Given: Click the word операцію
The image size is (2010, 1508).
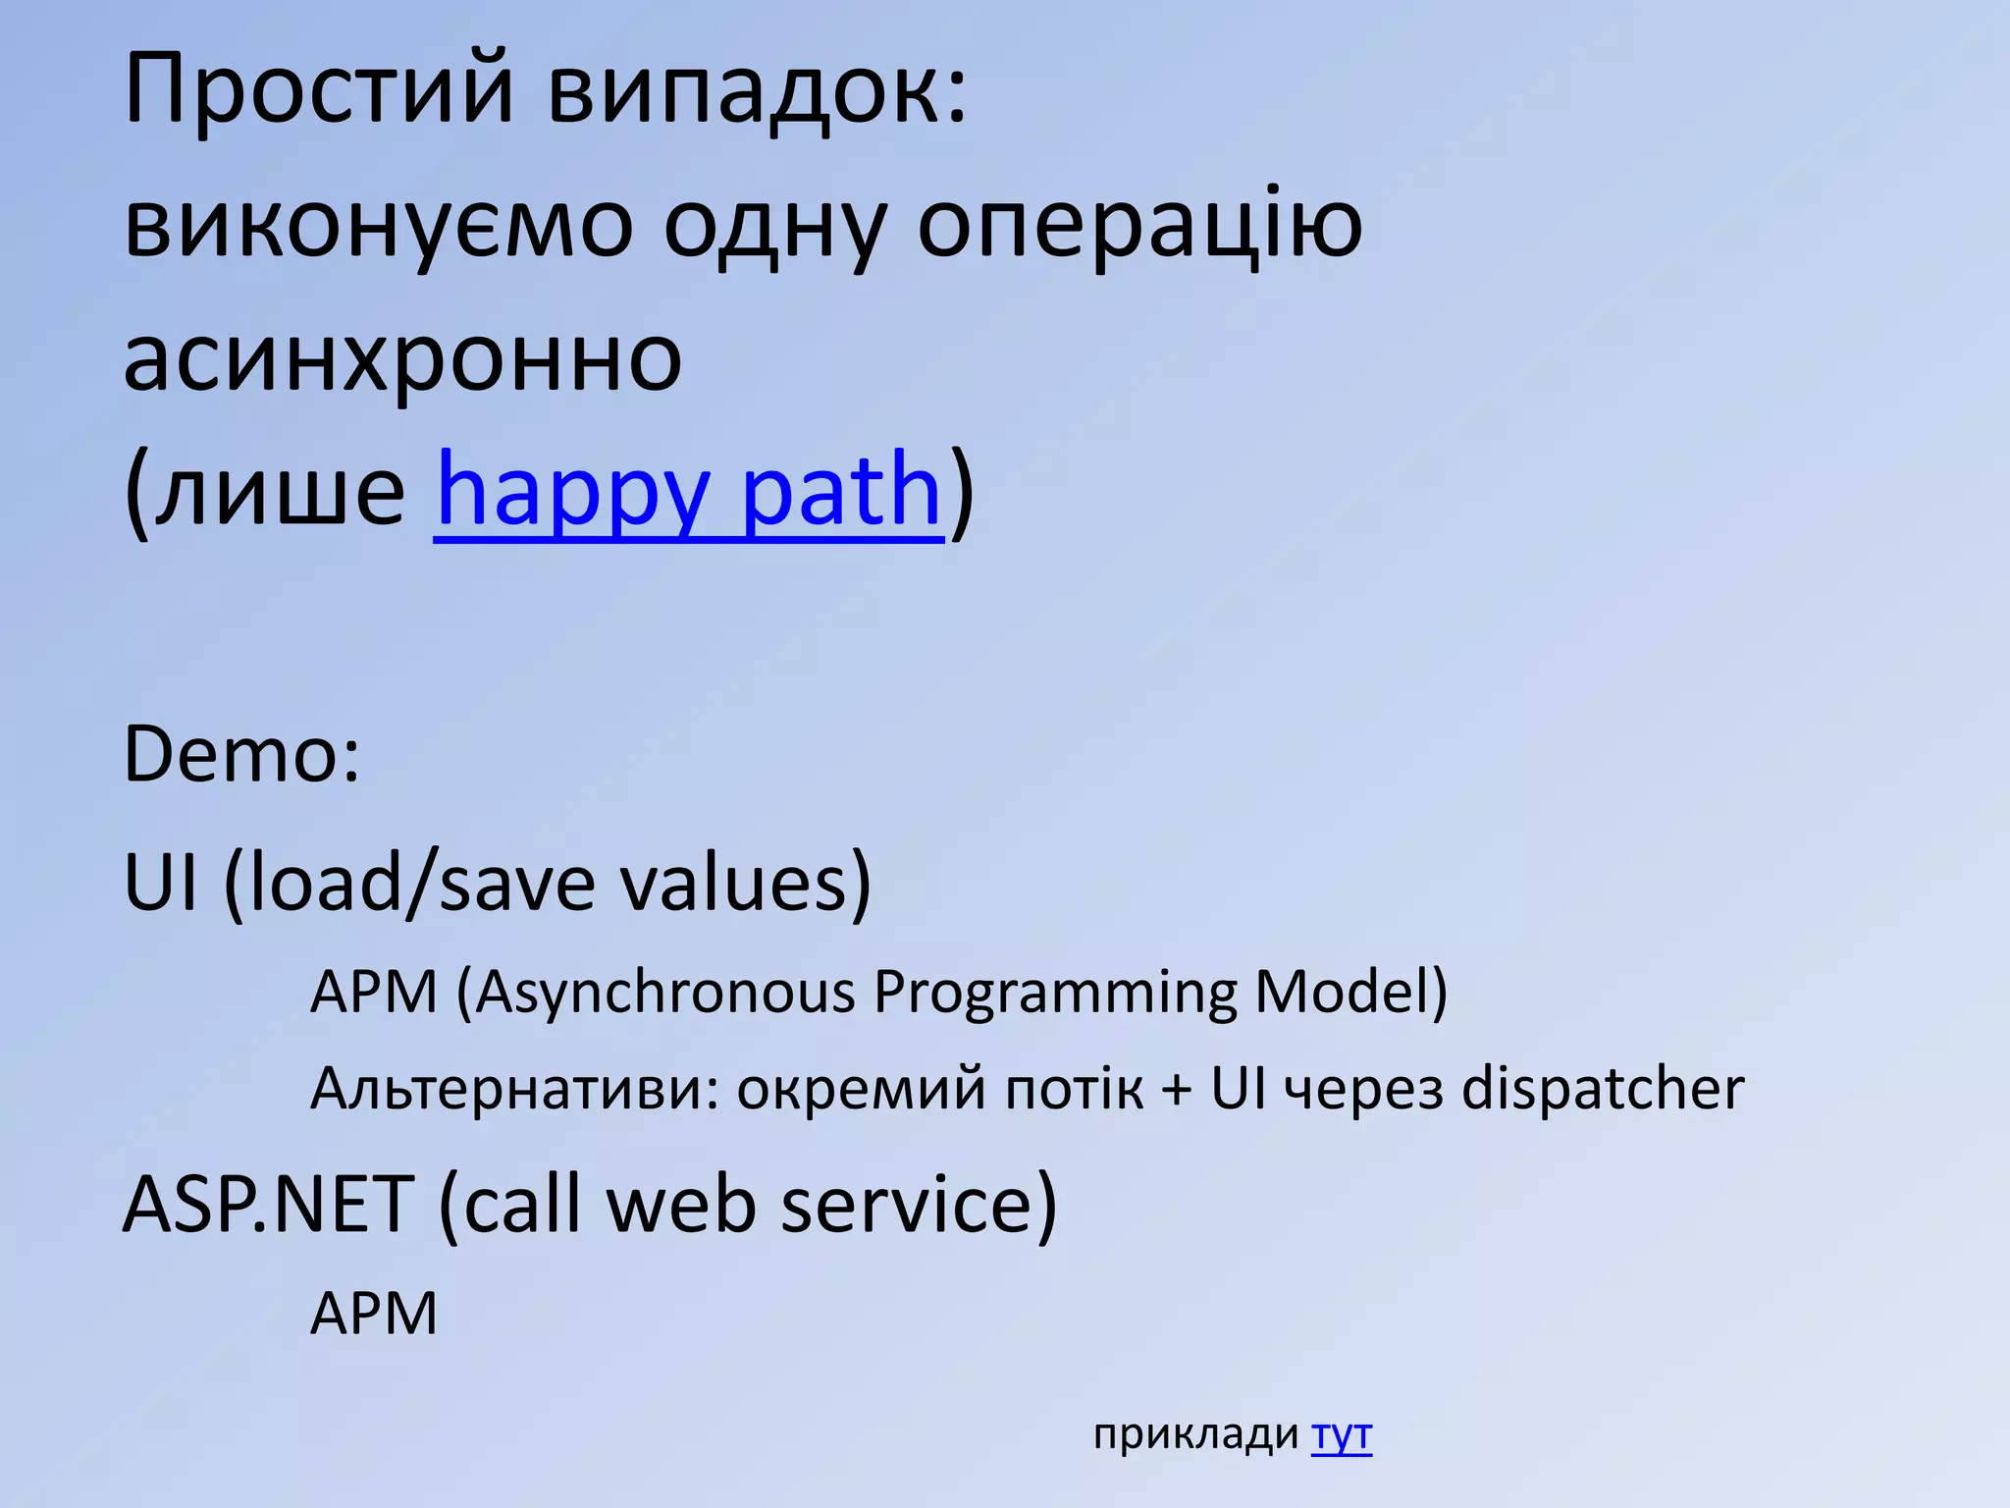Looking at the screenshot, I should (x=1139, y=226).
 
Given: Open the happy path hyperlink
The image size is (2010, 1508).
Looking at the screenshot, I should (x=688, y=491).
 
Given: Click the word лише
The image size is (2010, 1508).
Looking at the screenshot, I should (x=280, y=491).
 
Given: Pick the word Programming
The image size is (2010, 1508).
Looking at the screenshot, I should (x=1055, y=992).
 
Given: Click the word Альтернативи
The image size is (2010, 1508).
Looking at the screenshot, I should (x=514, y=1089).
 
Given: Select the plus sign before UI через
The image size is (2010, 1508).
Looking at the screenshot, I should (x=1176, y=1091).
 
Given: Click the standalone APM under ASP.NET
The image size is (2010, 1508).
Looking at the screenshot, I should (x=373, y=1314).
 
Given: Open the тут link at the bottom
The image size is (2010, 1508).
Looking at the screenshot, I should (x=1342, y=1434).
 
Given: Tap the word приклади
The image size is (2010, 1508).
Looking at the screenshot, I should (x=1195, y=1436).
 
